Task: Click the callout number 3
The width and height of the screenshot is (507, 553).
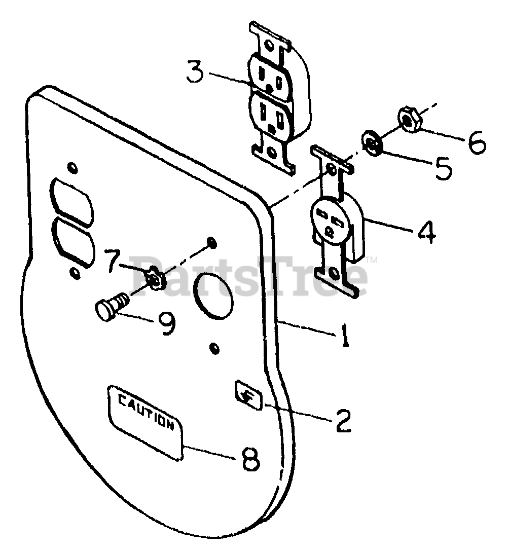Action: coord(195,72)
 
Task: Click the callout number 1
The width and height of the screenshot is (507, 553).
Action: coord(345,336)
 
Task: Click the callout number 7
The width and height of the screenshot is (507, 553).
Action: coord(116,260)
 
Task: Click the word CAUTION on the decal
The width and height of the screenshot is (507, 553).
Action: coord(146,411)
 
